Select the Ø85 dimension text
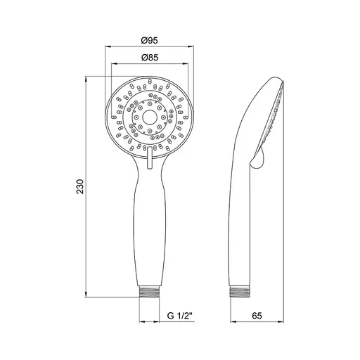click(149, 58)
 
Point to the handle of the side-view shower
click(242, 225)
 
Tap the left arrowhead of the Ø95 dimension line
click(107, 47)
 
